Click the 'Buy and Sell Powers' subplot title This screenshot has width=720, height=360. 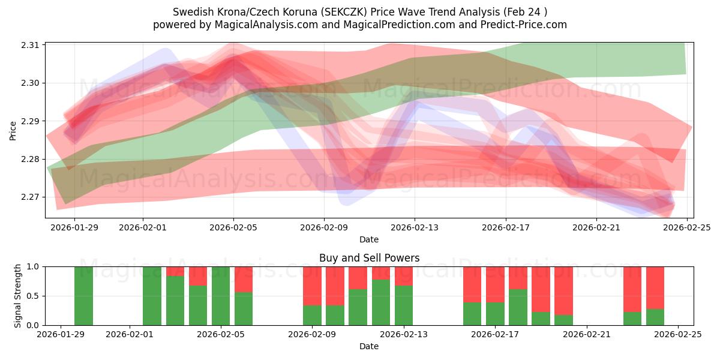tap(368, 258)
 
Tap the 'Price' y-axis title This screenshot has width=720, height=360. tap(13, 130)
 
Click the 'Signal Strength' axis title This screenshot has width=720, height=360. tap(18, 296)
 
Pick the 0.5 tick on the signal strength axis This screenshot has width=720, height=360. tap(34, 296)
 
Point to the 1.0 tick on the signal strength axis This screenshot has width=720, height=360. tap(34, 266)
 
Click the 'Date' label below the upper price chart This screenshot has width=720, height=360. tap(368, 239)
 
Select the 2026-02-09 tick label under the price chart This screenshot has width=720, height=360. tap(324, 227)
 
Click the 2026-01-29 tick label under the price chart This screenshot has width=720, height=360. tap(74, 227)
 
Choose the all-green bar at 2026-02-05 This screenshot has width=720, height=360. tap(221, 296)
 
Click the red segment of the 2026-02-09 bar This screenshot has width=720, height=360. tap(312, 286)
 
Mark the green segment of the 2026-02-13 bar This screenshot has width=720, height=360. tap(404, 305)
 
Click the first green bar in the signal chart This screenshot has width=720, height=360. tap(83, 296)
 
